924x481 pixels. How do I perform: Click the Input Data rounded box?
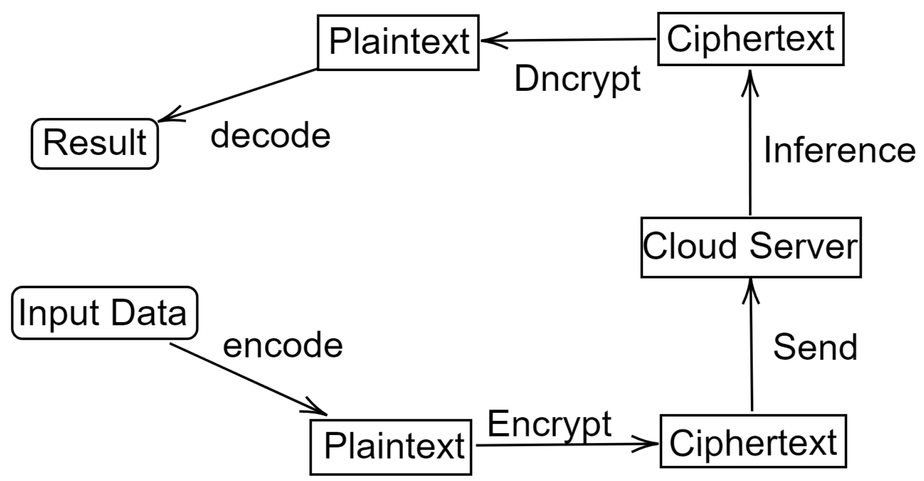tap(104, 313)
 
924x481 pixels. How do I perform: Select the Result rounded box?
tap(95, 144)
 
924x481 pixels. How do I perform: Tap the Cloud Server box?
tap(750, 247)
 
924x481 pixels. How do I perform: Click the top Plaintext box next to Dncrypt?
tap(398, 42)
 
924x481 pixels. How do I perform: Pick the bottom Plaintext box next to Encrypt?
tap(391, 446)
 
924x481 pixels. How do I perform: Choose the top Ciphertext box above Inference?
tap(750, 39)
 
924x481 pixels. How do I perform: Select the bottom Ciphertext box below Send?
tap(753, 442)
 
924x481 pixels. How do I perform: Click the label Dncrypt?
tap(577, 79)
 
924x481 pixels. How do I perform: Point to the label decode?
tap(270, 136)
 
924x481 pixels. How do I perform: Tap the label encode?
tap(283, 345)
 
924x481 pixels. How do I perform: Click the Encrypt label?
tap(549, 424)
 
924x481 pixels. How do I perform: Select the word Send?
tap(815, 347)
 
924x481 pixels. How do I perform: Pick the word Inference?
tap(839, 150)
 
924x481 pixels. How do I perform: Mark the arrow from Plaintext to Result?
tap(237, 95)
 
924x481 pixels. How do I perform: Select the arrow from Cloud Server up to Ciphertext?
tap(750, 143)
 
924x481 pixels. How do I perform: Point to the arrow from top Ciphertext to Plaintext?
tap(567, 39)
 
